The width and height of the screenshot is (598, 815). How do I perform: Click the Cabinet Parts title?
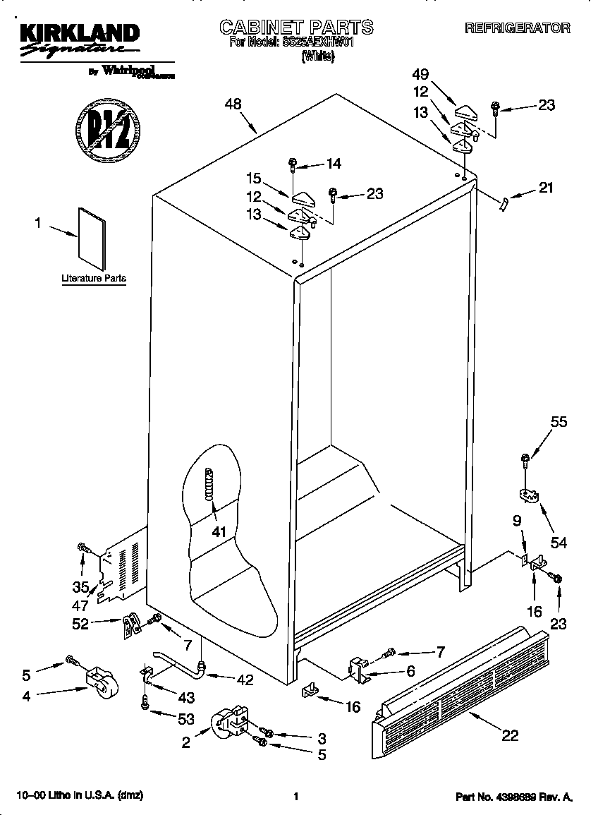296,28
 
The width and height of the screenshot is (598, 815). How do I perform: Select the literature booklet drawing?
90,238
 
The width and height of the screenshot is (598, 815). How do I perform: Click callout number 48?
233,104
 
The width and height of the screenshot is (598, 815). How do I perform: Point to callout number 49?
420,75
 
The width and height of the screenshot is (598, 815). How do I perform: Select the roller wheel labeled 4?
102,681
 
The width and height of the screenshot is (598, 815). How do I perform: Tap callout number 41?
219,532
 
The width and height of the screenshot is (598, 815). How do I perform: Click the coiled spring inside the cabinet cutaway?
209,485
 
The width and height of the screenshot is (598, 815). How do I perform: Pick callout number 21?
545,188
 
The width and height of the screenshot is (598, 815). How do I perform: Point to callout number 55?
559,422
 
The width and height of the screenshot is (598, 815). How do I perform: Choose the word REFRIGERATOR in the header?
517,28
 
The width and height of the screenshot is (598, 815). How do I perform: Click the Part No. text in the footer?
514,797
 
